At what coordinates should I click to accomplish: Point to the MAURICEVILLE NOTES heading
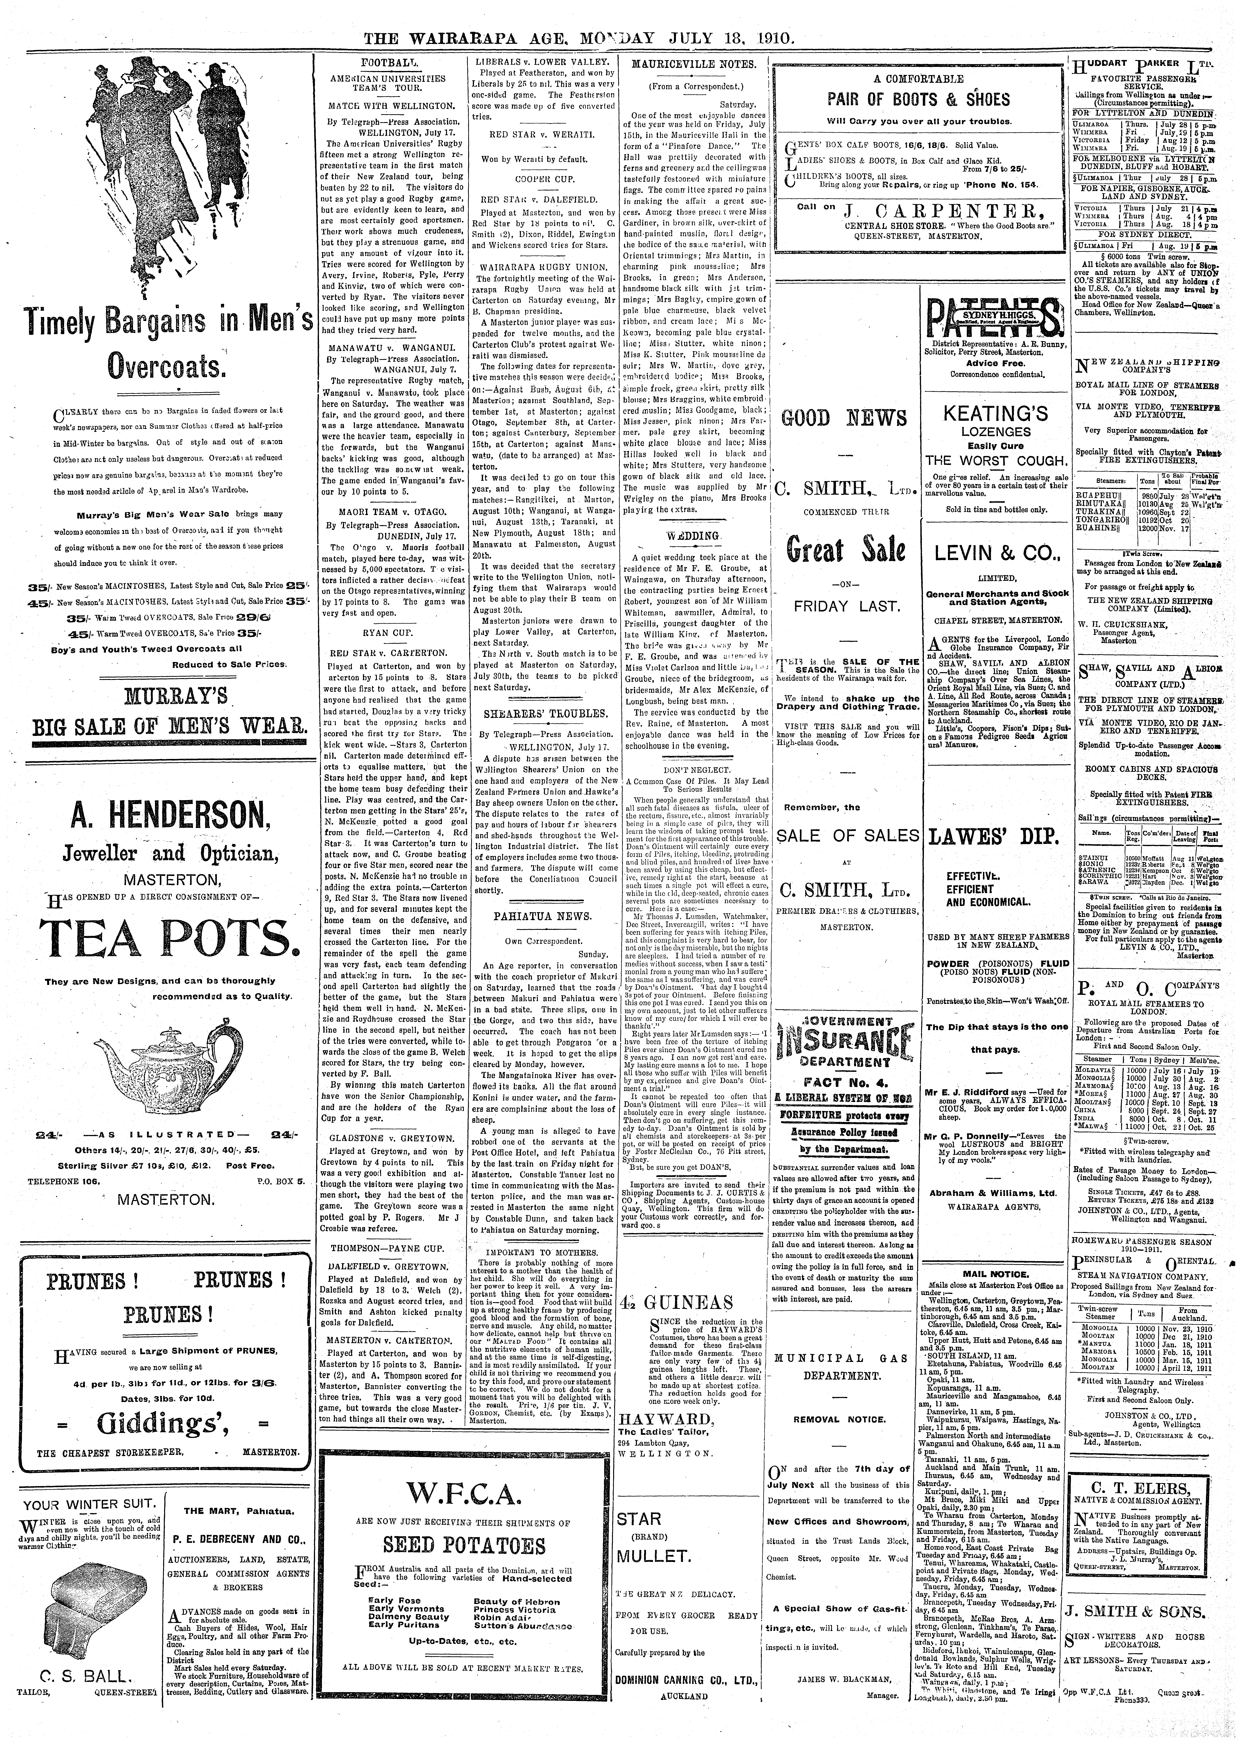click(694, 65)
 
